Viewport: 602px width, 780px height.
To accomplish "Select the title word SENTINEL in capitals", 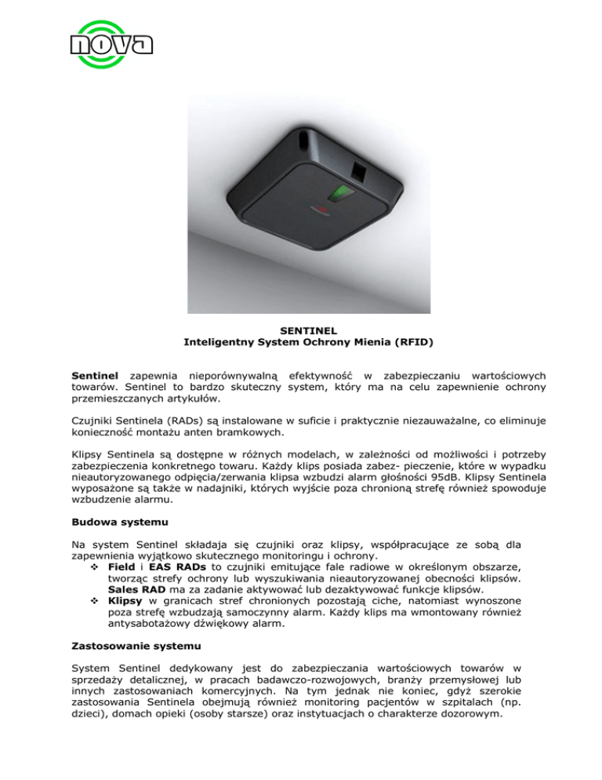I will click(301, 330).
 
